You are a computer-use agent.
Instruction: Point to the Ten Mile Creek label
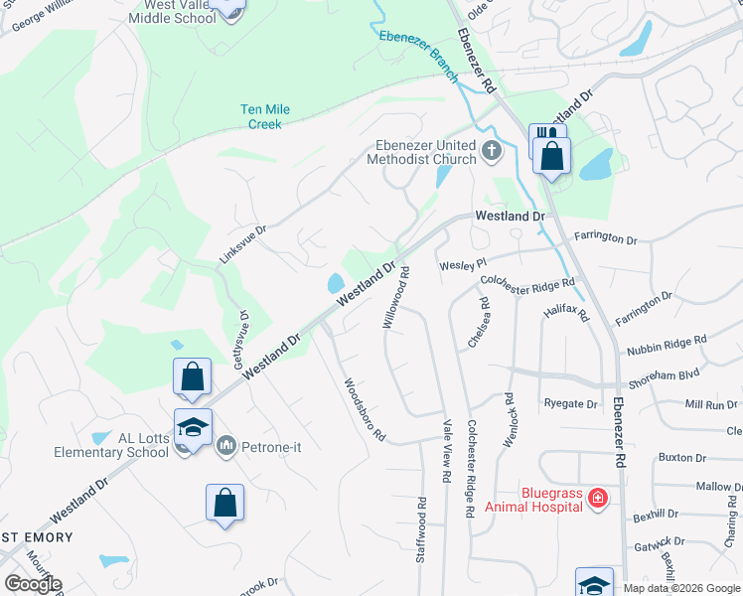tap(262, 117)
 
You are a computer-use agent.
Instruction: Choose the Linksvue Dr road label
tap(242, 244)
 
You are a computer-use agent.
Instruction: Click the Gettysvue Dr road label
tap(242, 338)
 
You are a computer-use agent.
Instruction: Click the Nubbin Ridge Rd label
tap(667, 346)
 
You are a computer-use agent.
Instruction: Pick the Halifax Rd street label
tap(567, 313)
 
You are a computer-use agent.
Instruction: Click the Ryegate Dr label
tap(570, 404)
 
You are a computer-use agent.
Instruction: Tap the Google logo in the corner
tap(33, 584)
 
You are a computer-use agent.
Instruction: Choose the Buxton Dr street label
tap(682, 458)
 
